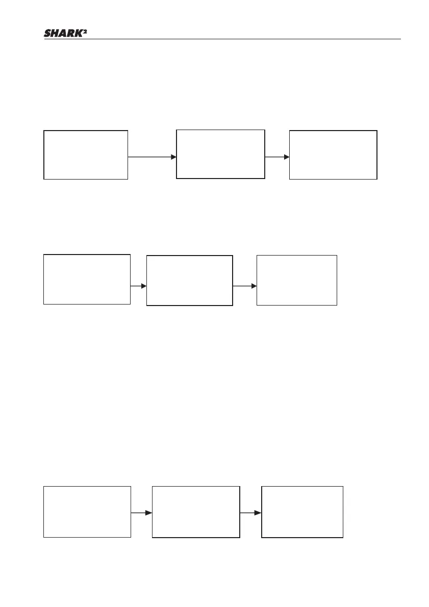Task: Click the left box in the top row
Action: point(86,155)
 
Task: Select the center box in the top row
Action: point(220,154)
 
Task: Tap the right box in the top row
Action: point(333,155)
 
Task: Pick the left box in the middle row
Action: point(87,279)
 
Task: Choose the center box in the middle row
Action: point(190,281)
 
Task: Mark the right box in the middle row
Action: point(297,280)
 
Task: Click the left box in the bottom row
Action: point(87,512)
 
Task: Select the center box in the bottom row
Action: point(196,512)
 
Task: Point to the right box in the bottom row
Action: point(302,512)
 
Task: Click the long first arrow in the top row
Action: point(152,157)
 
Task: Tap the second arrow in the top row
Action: point(277,157)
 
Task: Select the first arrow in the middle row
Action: point(138,286)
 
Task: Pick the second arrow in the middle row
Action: point(244,286)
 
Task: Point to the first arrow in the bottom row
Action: point(141,513)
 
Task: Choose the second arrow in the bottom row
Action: point(250,513)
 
